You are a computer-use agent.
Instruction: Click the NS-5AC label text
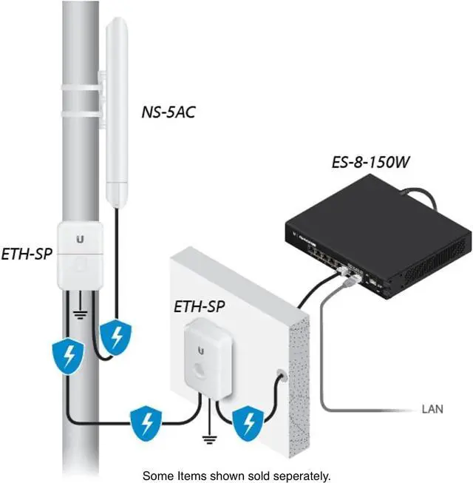pyautogui.click(x=168, y=112)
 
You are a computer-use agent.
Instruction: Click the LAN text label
pyautogui.click(x=432, y=408)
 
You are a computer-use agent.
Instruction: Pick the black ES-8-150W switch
pyautogui.click(x=377, y=237)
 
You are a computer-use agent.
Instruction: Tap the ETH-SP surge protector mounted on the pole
pyautogui.click(x=80, y=253)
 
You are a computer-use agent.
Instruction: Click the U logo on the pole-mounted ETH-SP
pyautogui.click(x=80, y=239)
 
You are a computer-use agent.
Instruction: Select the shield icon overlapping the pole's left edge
pyautogui.click(x=66, y=357)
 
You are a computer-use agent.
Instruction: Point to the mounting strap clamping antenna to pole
pyautogui.click(x=78, y=95)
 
